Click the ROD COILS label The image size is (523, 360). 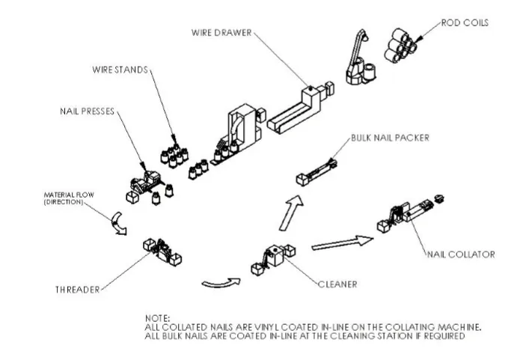pyautogui.click(x=465, y=23)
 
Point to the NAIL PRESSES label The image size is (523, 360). pyautogui.click(x=87, y=112)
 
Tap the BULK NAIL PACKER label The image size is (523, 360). pyautogui.click(x=385, y=138)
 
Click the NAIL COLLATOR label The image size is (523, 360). pyautogui.click(x=461, y=254)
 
